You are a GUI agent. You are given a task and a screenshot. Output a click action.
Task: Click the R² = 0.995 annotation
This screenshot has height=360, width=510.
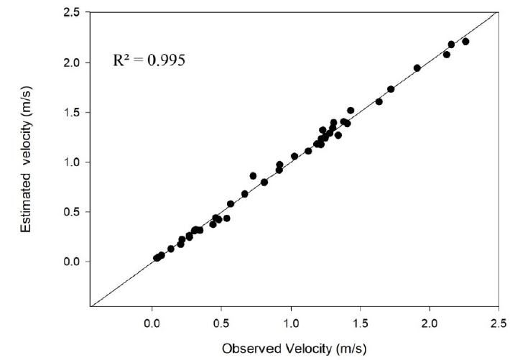tap(149, 61)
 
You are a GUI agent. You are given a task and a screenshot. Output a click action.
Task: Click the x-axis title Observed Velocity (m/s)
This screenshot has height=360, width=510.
tap(294, 349)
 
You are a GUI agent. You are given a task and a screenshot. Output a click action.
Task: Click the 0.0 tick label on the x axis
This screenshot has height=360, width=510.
tap(152, 320)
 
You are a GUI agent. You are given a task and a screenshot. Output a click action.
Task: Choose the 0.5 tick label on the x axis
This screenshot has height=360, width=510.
tap(221, 320)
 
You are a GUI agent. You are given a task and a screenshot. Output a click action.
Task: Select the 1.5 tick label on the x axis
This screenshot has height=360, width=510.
tap(360, 320)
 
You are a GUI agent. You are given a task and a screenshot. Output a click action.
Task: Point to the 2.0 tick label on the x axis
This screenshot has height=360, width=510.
tap(430, 320)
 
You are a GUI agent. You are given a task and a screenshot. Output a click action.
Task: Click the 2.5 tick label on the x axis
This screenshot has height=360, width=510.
tap(499, 320)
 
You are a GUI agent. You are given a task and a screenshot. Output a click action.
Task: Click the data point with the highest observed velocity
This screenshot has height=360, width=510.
tap(465, 42)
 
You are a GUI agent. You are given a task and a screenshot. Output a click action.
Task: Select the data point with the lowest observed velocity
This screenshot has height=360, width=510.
tap(157, 258)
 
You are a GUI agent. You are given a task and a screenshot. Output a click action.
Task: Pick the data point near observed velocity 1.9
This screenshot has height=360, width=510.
tap(417, 68)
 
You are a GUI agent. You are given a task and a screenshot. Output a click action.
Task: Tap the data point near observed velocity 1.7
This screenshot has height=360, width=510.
tap(391, 89)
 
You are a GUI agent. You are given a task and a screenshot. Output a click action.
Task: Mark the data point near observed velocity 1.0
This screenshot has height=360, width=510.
tap(295, 156)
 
